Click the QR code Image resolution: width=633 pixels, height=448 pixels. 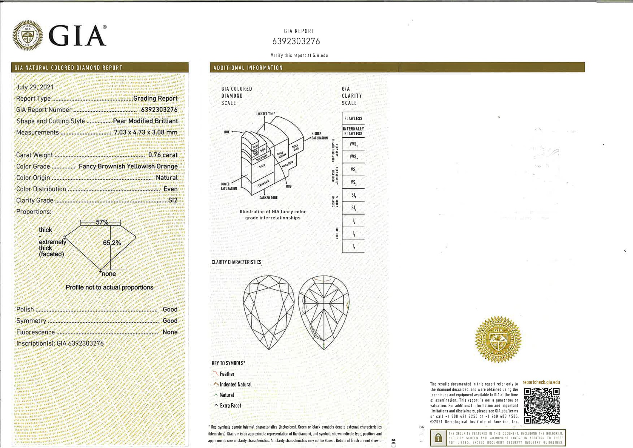541,406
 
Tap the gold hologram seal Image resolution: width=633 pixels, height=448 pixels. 498,339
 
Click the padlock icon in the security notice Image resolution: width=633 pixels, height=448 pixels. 438,438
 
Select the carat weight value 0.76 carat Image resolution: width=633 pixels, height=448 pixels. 163,155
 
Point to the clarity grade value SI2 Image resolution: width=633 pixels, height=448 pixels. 173,200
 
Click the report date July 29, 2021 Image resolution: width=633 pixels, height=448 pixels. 35,87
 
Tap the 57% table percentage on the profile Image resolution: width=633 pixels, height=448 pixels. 102,222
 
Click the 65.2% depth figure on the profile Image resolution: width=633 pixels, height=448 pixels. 112,243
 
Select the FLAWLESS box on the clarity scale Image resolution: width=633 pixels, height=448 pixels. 353,119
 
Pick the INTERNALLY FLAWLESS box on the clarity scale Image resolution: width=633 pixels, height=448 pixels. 353,131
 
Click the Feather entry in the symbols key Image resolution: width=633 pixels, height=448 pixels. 227,374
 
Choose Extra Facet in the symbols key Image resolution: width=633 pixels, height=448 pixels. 230,406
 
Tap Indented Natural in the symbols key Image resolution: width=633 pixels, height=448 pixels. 235,384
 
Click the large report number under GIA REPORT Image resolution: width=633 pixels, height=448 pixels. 296,41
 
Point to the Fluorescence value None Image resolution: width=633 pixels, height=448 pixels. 170,332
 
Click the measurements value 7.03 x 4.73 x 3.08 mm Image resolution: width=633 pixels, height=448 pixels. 146,132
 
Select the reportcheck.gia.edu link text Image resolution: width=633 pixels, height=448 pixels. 541,382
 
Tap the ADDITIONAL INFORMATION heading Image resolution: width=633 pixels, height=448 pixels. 248,68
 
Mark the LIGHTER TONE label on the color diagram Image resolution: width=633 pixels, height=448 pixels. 266,114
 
